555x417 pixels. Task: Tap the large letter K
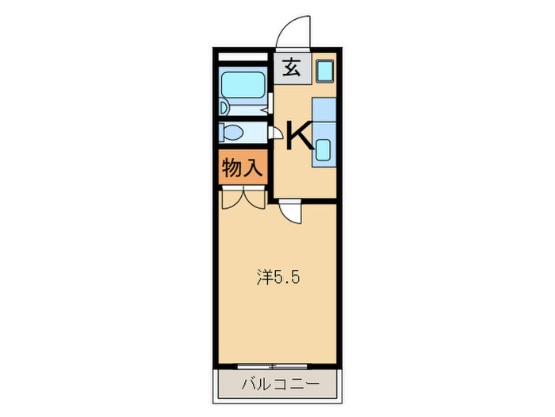(x=299, y=135)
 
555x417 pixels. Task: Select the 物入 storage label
(x=242, y=168)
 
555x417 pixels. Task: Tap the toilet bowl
(x=235, y=132)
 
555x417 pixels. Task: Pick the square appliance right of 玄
(x=324, y=70)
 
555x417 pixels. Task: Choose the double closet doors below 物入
(x=243, y=197)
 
